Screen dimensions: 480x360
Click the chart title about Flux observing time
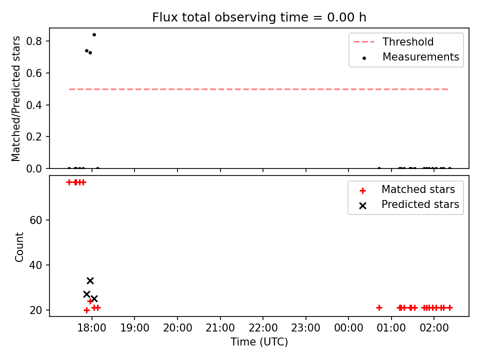click(259, 17)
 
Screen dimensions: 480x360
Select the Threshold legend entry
click(393, 41)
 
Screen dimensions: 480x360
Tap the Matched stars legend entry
click(407, 189)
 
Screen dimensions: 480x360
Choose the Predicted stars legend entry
click(409, 204)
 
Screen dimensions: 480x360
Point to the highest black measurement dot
click(94, 35)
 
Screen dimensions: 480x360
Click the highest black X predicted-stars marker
click(90, 280)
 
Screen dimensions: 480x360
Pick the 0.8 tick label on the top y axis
click(34, 41)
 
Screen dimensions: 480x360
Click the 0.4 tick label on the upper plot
click(34, 105)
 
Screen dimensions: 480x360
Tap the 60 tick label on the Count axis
click(35, 220)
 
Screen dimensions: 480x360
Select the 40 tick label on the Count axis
click(35, 265)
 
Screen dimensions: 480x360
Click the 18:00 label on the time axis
click(91, 328)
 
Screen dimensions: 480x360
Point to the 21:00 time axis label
click(220, 328)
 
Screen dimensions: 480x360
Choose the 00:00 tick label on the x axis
click(348, 328)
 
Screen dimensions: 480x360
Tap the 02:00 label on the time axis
click(434, 328)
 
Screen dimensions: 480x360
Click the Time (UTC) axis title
click(259, 342)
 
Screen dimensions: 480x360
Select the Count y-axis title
click(19, 246)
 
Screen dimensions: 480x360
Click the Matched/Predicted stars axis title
click(15, 98)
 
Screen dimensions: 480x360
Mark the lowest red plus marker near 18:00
click(86, 310)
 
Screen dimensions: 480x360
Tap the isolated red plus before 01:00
click(379, 307)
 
